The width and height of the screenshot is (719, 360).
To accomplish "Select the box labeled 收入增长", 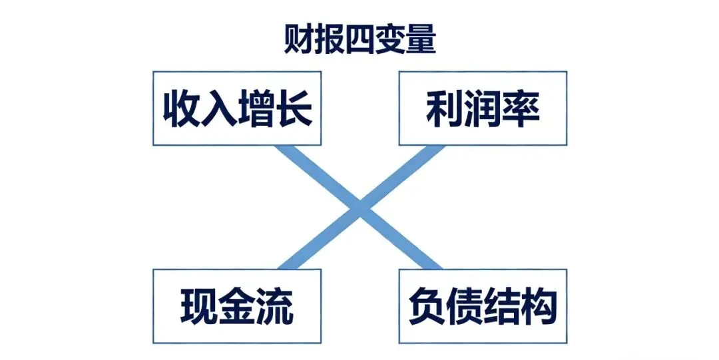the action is click(237, 108).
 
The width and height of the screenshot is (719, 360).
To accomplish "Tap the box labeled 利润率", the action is click(483, 108).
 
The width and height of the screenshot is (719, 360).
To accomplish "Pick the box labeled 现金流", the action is click(237, 307).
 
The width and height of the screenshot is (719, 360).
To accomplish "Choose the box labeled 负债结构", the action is click(483, 307).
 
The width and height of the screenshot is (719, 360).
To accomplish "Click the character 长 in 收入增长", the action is click(294, 108).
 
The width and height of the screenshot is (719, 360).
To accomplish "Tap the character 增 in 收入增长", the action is click(256, 108).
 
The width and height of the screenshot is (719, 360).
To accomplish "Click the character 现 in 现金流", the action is click(199, 307).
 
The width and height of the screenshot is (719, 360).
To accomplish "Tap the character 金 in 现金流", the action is click(237, 307).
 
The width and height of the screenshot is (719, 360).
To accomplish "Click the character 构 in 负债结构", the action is click(539, 307).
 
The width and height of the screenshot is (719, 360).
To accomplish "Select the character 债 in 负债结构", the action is click(464, 307).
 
